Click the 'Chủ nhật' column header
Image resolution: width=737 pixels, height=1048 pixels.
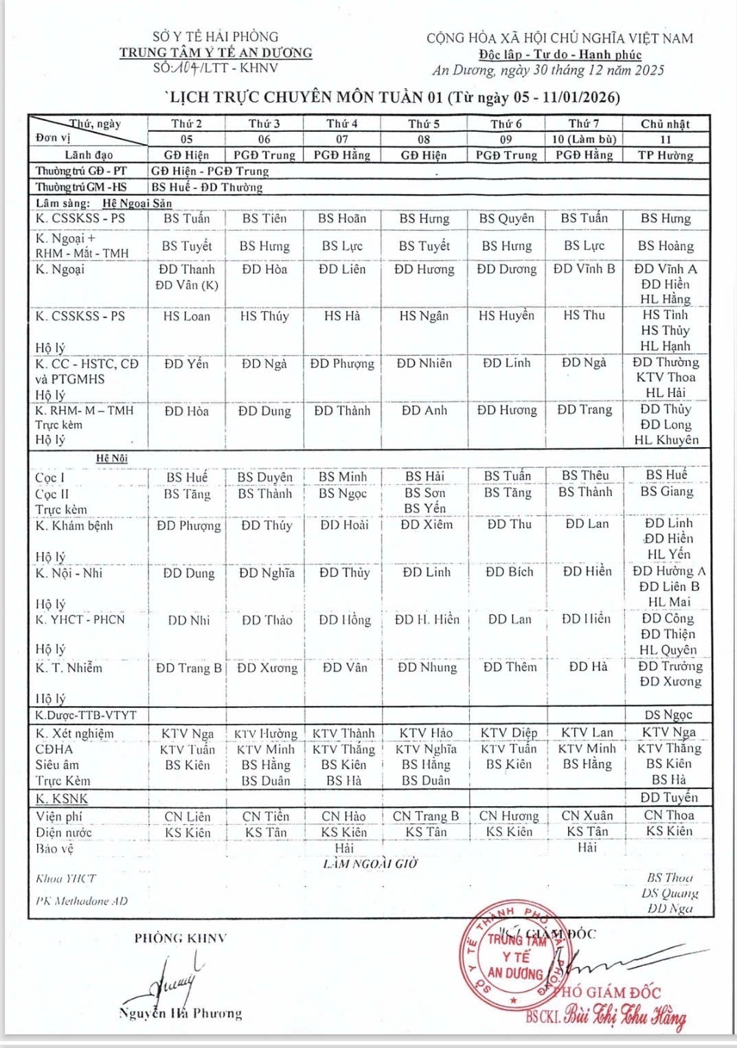pyautogui.click(x=665, y=124)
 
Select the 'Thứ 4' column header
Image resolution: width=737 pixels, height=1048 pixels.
pyautogui.click(x=342, y=124)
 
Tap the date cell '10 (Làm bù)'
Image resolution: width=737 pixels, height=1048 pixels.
pyautogui.click(x=584, y=139)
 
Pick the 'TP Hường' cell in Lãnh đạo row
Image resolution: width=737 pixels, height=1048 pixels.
pyautogui.click(x=665, y=155)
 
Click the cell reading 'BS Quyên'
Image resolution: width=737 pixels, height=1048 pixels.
pyautogui.click(x=506, y=218)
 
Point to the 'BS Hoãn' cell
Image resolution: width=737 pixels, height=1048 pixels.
pyautogui.click(x=342, y=218)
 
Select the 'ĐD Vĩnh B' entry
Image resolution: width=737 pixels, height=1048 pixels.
pyautogui.click(x=584, y=269)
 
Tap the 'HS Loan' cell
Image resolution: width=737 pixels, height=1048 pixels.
pyautogui.click(x=187, y=316)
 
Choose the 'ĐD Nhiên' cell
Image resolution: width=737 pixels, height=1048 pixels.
pyautogui.click(x=424, y=363)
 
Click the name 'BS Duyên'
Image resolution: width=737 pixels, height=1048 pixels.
pyautogui.click(x=264, y=477)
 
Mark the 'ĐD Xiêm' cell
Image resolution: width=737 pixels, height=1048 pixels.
pyautogui.click(x=427, y=525)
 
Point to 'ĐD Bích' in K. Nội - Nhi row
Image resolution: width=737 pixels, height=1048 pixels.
pyautogui.click(x=509, y=572)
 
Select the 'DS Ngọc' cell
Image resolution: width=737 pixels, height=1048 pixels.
pyautogui.click(x=668, y=715)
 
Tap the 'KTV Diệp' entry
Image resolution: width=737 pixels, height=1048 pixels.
pyautogui.click(x=508, y=733)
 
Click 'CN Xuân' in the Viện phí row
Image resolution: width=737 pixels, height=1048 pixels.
pyautogui.click(x=587, y=816)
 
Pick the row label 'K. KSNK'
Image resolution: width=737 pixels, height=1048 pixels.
pyautogui.click(x=62, y=799)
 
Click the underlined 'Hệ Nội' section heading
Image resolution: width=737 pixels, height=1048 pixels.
pyautogui.click(x=112, y=458)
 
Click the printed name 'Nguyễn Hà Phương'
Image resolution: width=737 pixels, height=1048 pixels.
pyautogui.click(x=180, y=1014)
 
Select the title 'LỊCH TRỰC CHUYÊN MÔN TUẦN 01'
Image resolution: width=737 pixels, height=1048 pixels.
pyautogui.click(x=306, y=97)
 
